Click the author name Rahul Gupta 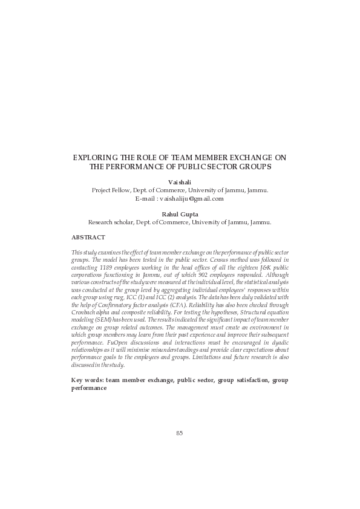click(180, 214)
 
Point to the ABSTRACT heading click(88, 238)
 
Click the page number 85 click(180, 433)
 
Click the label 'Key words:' click(87, 380)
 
